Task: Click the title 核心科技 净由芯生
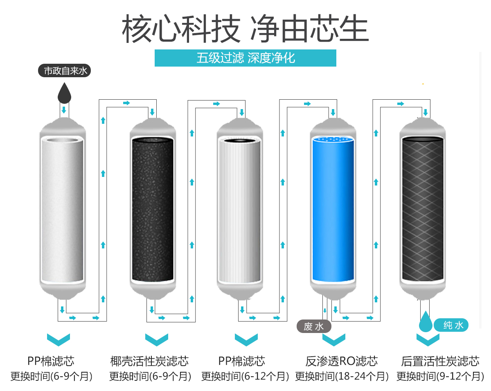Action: pos(245,29)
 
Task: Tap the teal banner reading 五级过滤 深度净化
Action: pos(245,58)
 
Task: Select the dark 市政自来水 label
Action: pos(64,71)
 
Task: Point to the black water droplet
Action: pos(64,93)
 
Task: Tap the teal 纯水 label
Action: pos(451,325)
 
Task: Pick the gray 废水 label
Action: pos(314,326)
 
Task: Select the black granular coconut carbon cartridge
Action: pos(153,209)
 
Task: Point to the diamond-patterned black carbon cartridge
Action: pos(423,209)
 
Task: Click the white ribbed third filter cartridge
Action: pos(240,210)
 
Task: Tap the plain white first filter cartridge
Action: pos(62,210)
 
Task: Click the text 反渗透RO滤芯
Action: pos(342,361)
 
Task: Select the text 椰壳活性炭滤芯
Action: pos(149,361)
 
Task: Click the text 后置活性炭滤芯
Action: pos(440,361)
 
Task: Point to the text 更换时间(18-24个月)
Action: pos(342,376)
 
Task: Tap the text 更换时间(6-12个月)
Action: pos(245,376)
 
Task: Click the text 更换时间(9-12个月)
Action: pos(440,376)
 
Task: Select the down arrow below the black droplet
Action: pos(64,110)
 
